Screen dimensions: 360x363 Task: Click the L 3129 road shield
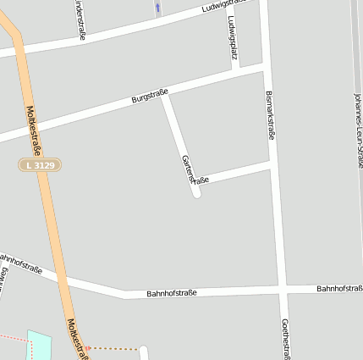(40, 165)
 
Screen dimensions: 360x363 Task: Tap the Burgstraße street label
(150, 97)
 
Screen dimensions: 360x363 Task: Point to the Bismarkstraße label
(271, 114)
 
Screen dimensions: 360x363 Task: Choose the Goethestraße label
(284, 340)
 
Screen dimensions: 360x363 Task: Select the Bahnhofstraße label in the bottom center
(171, 293)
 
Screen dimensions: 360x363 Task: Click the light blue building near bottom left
(40, 346)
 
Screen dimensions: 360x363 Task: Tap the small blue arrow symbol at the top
(157, 8)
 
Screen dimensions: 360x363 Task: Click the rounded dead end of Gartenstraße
(196, 193)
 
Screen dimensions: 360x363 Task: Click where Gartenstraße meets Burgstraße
(165, 95)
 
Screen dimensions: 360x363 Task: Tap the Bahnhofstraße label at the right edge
(339, 289)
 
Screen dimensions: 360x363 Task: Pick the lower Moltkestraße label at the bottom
(77, 339)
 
